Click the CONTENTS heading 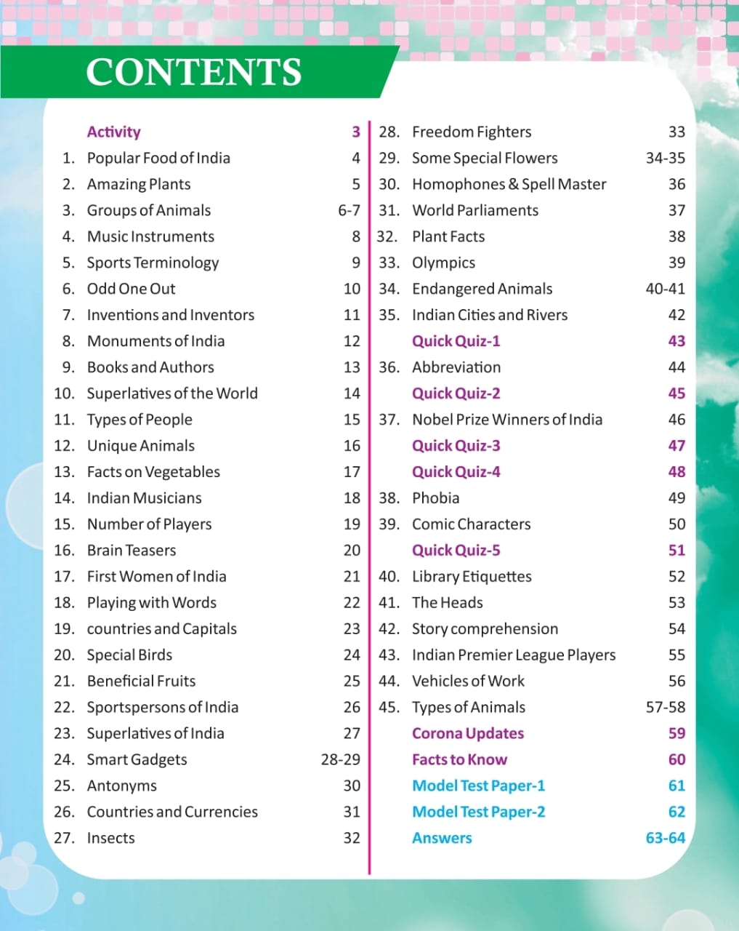[x=193, y=72]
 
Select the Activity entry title [x=113, y=132]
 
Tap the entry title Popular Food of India [x=158, y=158]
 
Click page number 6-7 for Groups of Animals [x=349, y=210]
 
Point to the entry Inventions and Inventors [x=171, y=315]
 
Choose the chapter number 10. [x=64, y=393]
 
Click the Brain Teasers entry [x=132, y=551]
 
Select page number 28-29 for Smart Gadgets [x=340, y=759]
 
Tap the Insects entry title [x=110, y=838]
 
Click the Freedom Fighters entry [x=472, y=132]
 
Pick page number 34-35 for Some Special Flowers [x=665, y=158]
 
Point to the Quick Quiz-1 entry [x=456, y=341]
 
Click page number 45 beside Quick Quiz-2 [x=677, y=393]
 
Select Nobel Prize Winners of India [x=507, y=420]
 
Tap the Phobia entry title [x=435, y=498]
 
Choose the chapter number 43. [x=389, y=655]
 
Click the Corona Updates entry [x=468, y=733]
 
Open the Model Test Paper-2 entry [x=478, y=812]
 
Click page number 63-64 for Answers [x=665, y=838]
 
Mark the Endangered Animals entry [x=482, y=289]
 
